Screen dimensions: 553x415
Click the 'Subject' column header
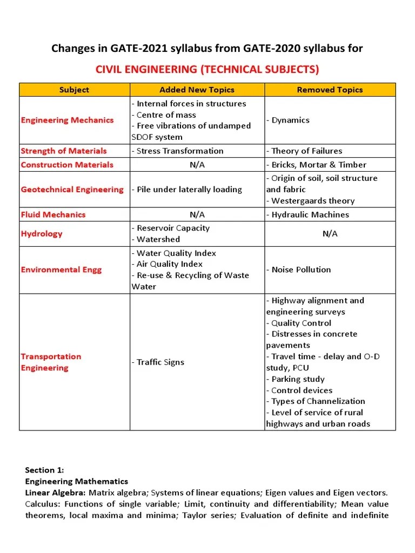[x=74, y=90]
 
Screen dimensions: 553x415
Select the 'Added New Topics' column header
[x=196, y=90]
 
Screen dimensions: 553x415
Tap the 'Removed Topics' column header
[x=330, y=90]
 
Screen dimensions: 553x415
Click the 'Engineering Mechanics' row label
[x=67, y=120]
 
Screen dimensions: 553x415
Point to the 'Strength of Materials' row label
[x=64, y=151]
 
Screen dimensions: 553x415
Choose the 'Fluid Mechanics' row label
[x=53, y=214]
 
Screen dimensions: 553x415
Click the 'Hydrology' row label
[x=42, y=233]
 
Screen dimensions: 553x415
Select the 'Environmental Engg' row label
[x=61, y=269]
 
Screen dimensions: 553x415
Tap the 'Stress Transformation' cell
[x=177, y=151]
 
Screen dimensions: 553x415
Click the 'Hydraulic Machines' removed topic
[x=307, y=214]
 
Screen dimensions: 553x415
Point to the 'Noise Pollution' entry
[x=298, y=269]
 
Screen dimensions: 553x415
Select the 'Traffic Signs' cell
[x=158, y=362]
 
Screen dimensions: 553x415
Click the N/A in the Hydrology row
[x=330, y=233]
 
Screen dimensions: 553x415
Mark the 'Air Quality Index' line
[x=167, y=264]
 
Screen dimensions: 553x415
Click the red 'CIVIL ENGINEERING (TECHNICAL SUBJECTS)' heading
[x=207, y=69]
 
